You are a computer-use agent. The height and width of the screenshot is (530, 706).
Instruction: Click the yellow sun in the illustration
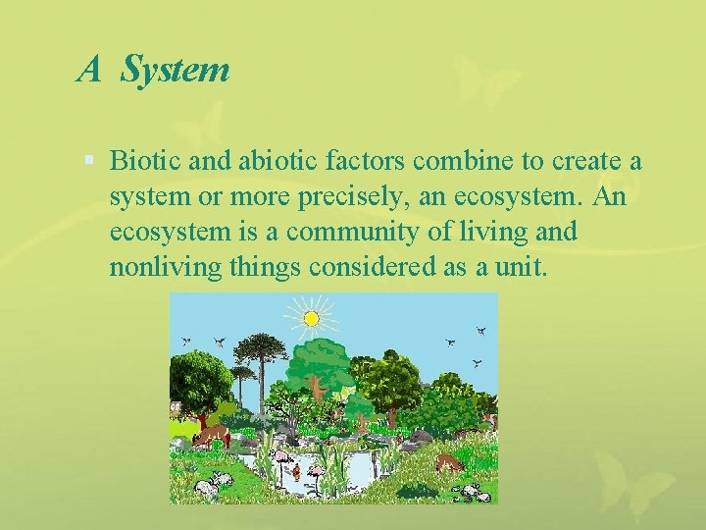(311, 318)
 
